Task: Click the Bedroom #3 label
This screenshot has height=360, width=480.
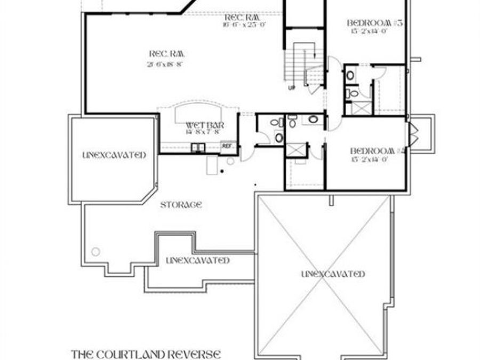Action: pyautogui.click(x=374, y=23)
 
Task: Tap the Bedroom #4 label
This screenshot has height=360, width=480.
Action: pyautogui.click(x=379, y=150)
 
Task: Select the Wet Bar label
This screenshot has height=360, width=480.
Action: pyautogui.click(x=204, y=125)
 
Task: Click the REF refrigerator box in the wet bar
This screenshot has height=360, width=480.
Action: pyautogui.click(x=227, y=146)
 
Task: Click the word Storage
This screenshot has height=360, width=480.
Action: pyautogui.click(x=181, y=204)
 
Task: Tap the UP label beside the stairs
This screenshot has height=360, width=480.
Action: pyautogui.click(x=291, y=87)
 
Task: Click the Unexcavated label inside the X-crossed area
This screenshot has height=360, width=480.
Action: pyautogui.click(x=333, y=274)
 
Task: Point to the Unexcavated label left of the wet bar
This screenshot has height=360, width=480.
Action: pyautogui.click(x=114, y=155)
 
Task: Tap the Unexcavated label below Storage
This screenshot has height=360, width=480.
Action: pyautogui.click(x=198, y=261)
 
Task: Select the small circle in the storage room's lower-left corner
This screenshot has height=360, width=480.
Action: pyautogui.click(x=95, y=251)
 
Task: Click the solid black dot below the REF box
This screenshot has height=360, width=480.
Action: pyautogui.click(x=222, y=171)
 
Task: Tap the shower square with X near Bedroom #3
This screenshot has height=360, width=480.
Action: pyautogui.click(x=359, y=108)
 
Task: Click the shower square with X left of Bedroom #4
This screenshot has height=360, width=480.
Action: pyautogui.click(x=297, y=149)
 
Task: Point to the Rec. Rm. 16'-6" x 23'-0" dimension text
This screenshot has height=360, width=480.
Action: pyautogui.click(x=245, y=24)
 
